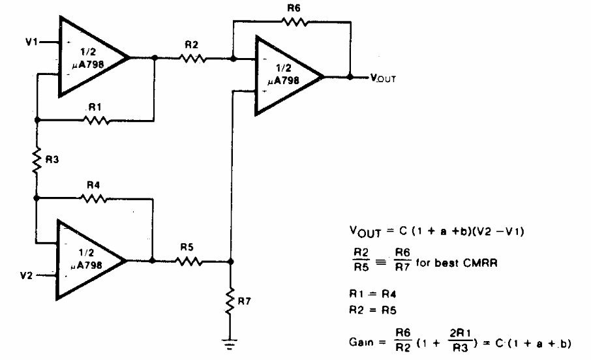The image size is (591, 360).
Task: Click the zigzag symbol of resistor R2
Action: (192, 58)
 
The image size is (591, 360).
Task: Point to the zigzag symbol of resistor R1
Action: (96, 120)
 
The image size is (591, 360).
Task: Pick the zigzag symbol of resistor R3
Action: (37, 158)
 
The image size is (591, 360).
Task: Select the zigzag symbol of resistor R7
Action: (230, 301)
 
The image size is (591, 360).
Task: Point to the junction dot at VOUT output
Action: (350, 77)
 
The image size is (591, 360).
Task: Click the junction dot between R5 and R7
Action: (230, 261)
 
